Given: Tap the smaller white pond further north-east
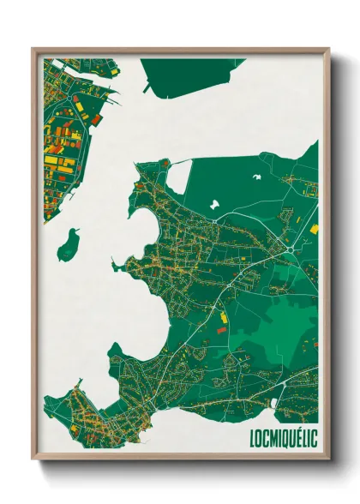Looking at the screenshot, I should click(256, 177).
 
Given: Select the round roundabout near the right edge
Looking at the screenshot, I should click(291, 249).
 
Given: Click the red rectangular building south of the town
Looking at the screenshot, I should click(223, 328).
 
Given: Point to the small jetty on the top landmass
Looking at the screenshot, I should click(147, 87).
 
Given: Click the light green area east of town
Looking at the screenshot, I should click(283, 321).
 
